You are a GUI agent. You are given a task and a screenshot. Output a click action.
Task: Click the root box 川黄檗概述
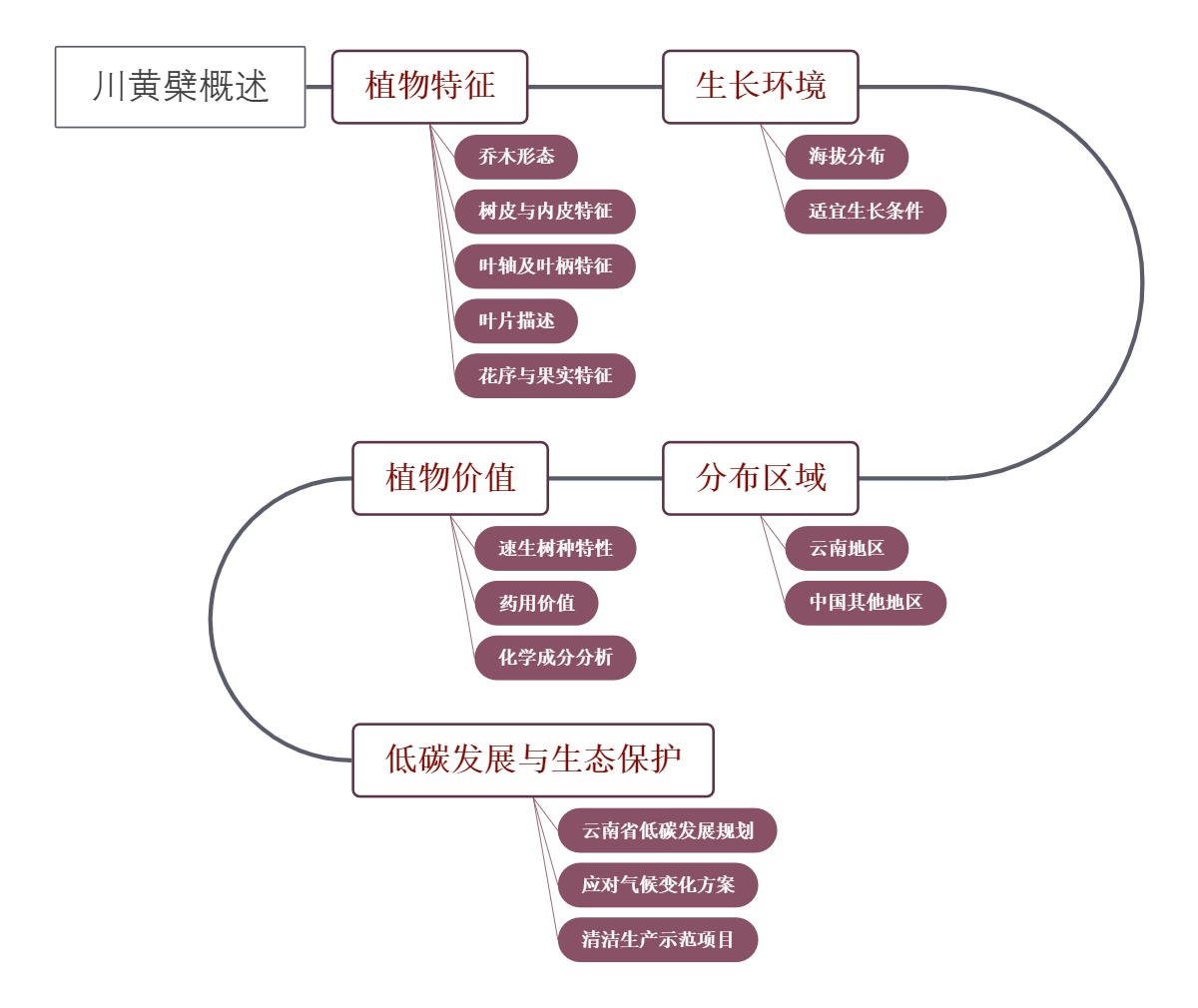pyautogui.click(x=180, y=87)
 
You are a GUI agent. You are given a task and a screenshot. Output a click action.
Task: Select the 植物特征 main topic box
pyautogui.click(x=429, y=87)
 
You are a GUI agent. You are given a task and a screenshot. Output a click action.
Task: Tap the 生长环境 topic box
pyautogui.click(x=760, y=87)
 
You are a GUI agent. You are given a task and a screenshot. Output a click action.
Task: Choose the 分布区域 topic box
pyautogui.click(x=760, y=478)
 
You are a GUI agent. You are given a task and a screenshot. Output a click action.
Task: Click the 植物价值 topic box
pyautogui.click(x=450, y=478)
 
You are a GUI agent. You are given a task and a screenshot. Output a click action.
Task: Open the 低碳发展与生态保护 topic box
pyautogui.click(x=533, y=760)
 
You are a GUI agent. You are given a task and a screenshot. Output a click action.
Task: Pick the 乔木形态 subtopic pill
pyautogui.click(x=516, y=157)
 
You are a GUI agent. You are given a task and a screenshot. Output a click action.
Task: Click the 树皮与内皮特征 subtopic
pyautogui.click(x=545, y=212)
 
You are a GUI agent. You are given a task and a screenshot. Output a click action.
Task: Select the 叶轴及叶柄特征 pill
pyautogui.click(x=545, y=266)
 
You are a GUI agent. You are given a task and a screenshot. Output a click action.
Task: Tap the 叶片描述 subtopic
pyautogui.click(x=516, y=321)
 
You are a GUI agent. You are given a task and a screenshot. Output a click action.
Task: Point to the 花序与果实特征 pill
pyautogui.click(x=545, y=376)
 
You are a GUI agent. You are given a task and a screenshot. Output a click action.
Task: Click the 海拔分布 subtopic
pyautogui.click(x=847, y=157)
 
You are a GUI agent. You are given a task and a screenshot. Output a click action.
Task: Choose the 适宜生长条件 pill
pyautogui.click(x=866, y=212)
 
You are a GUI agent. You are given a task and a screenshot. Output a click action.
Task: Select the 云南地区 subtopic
pyautogui.click(x=847, y=548)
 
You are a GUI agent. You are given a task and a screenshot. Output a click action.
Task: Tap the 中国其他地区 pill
pyautogui.click(x=866, y=603)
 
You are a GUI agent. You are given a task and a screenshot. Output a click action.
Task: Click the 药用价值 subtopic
pyautogui.click(x=537, y=603)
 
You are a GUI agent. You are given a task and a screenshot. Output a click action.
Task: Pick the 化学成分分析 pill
pyautogui.click(x=555, y=658)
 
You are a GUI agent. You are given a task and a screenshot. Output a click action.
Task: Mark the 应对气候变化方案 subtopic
pyautogui.click(x=658, y=885)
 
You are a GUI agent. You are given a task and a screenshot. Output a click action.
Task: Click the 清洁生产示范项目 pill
pyautogui.click(x=658, y=940)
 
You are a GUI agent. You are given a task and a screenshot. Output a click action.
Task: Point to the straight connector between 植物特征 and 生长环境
pyautogui.click(x=595, y=87)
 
